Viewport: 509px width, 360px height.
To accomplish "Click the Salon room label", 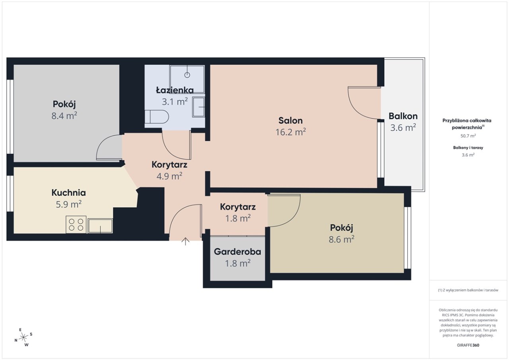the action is tap(290, 121).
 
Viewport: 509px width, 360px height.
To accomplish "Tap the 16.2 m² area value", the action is tap(291, 132).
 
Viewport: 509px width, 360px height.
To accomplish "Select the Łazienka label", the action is tap(175, 90).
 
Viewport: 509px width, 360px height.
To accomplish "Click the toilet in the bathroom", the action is tap(157, 117).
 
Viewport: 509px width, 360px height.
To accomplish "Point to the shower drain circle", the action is tap(187, 75).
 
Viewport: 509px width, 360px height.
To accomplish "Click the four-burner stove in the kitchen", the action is tap(76, 224).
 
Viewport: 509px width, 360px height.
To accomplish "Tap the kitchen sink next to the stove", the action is tap(100, 226).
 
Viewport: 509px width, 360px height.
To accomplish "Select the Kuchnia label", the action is tap(69, 193).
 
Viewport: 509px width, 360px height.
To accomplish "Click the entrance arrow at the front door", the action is tap(185, 241).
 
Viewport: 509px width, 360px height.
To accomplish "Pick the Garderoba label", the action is tap(237, 252).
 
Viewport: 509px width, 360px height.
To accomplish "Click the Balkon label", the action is tap(403, 116).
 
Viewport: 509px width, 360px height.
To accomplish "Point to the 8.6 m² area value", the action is tap(342, 239).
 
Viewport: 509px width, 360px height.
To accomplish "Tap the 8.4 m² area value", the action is tap(64, 116).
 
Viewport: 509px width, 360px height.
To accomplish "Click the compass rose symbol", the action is tap(23, 337).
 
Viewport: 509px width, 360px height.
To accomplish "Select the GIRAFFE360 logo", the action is tap(468, 345).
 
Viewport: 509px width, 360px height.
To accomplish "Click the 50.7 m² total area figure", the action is tap(468, 136).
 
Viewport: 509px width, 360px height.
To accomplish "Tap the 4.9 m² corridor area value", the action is tap(169, 176).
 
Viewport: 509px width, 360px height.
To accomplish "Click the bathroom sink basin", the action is tap(198, 107).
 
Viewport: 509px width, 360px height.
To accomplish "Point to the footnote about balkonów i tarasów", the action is tap(468, 290).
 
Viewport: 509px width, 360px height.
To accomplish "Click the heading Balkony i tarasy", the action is tap(468, 148).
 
